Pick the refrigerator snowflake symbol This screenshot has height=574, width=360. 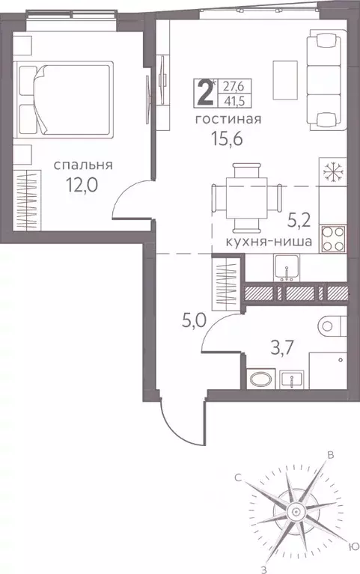331,171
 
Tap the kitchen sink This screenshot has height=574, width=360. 287,266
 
